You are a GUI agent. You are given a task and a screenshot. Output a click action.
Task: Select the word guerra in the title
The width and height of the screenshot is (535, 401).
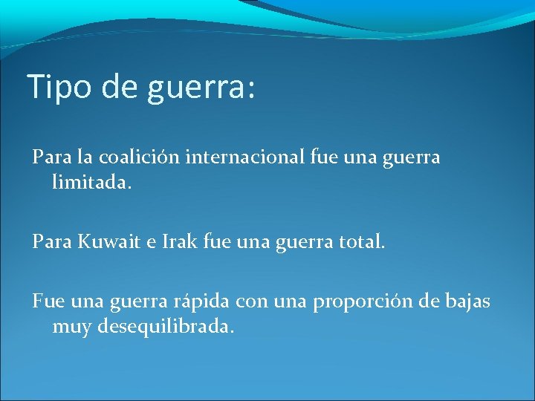click(x=189, y=88)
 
